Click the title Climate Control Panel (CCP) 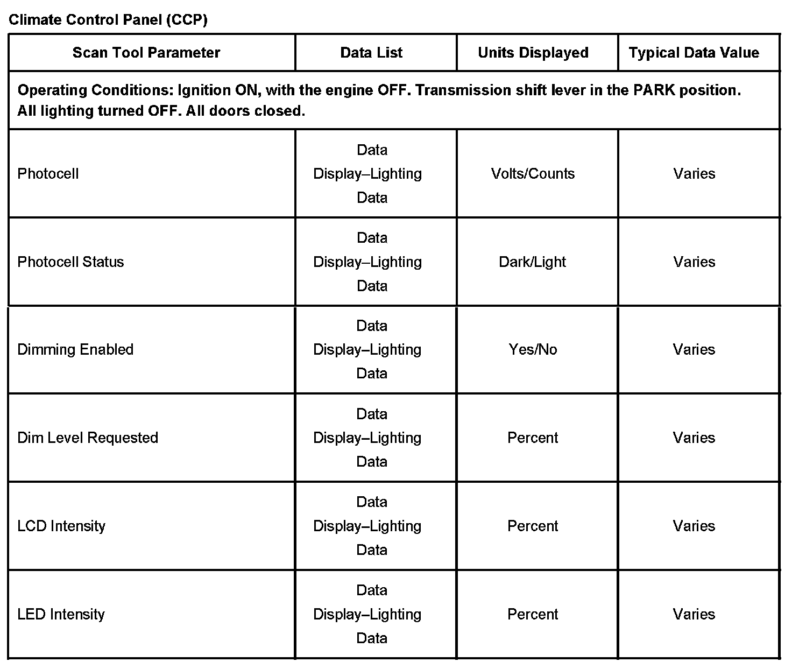(x=108, y=20)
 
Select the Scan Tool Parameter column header (x=146, y=53)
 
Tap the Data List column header (x=371, y=53)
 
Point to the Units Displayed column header (x=533, y=53)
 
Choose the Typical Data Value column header (x=694, y=53)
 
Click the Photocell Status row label (x=70, y=262)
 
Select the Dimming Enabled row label (x=75, y=350)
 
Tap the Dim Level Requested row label (x=88, y=438)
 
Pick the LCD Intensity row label (x=61, y=526)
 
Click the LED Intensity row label (x=61, y=614)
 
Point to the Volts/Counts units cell (x=533, y=174)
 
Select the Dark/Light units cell (x=533, y=262)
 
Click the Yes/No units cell (x=533, y=350)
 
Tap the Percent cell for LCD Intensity (x=533, y=526)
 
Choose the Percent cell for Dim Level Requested (x=533, y=438)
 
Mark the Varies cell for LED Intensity (x=694, y=614)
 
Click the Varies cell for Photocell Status (x=694, y=262)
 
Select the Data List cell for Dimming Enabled (x=371, y=350)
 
